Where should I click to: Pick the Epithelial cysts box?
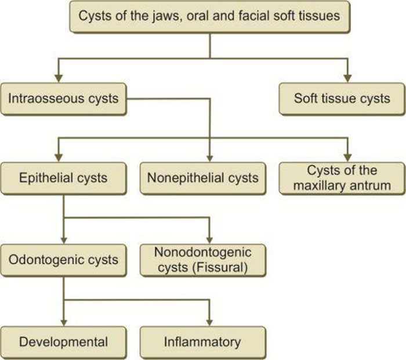click(x=63, y=177)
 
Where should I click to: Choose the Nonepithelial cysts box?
click(x=202, y=177)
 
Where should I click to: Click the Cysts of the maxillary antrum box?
click(x=342, y=177)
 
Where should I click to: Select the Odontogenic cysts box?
click(x=63, y=259)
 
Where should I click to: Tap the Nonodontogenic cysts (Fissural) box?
click(x=202, y=259)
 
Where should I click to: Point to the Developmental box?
click(x=63, y=341)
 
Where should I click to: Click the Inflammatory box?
click(x=202, y=341)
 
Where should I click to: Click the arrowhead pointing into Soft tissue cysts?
click(x=347, y=77)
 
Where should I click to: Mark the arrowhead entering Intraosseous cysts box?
click(x=59, y=77)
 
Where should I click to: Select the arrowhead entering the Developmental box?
click(x=63, y=321)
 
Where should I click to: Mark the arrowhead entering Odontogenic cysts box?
click(x=63, y=238)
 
